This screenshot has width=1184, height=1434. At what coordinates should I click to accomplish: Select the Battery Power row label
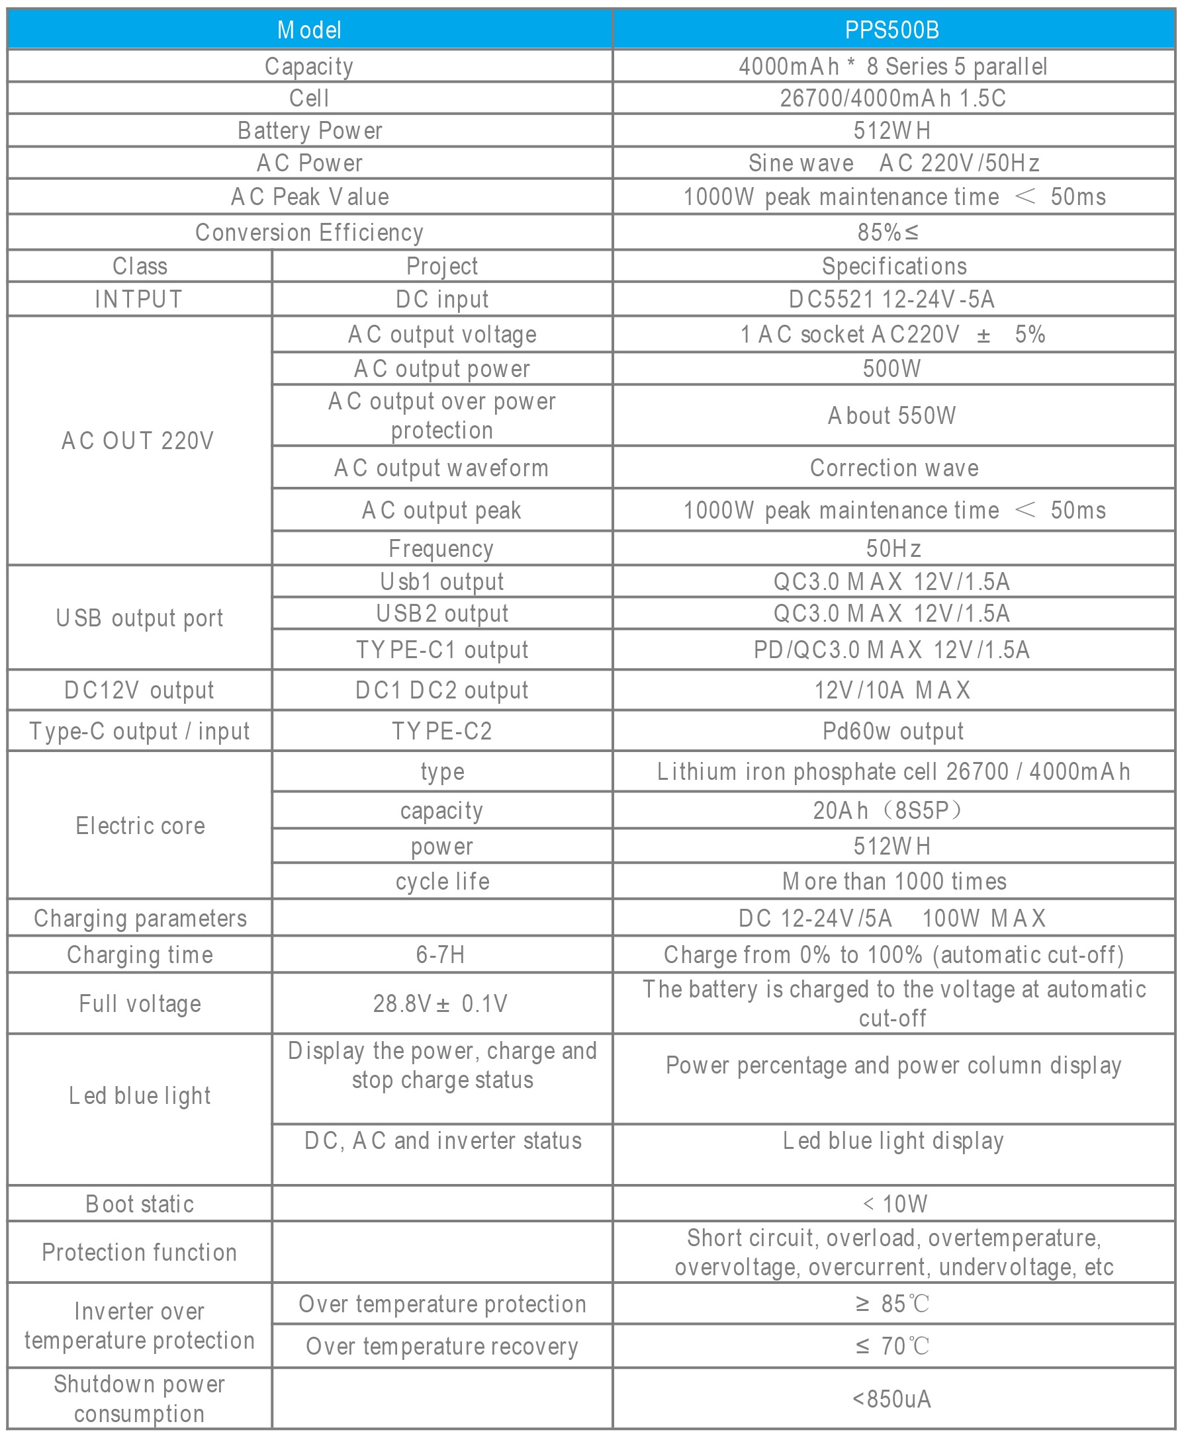pyautogui.click(x=310, y=130)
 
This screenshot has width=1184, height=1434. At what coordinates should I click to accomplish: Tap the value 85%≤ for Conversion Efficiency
pyautogui.click(x=888, y=232)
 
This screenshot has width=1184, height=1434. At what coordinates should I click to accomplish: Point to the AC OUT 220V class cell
pyautogui.click(x=138, y=441)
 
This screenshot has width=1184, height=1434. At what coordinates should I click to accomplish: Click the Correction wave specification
pyautogui.click(x=893, y=468)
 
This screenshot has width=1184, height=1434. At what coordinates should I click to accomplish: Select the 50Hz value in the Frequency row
pyautogui.click(x=893, y=548)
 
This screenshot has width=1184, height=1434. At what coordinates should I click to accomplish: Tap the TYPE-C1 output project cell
pyautogui.click(x=442, y=650)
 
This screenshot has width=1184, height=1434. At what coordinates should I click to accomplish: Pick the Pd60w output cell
pyautogui.click(x=893, y=732)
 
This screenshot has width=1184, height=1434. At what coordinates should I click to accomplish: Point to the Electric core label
pyautogui.click(x=140, y=826)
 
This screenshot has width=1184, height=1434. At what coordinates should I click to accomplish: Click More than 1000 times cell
pyautogui.click(x=893, y=881)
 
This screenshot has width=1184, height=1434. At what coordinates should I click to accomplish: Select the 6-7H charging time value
pyautogui.click(x=441, y=955)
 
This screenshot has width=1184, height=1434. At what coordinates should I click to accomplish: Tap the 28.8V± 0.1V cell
pyautogui.click(x=441, y=1004)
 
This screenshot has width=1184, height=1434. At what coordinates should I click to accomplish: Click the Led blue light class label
pyautogui.click(x=140, y=1096)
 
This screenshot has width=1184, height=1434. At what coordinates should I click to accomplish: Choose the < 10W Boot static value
pyautogui.click(x=895, y=1204)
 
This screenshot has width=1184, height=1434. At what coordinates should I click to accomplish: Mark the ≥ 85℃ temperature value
pyautogui.click(x=892, y=1304)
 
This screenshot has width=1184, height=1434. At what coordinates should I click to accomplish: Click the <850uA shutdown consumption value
pyautogui.click(x=891, y=1399)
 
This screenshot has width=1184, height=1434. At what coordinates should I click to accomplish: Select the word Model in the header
pyautogui.click(x=310, y=30)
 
